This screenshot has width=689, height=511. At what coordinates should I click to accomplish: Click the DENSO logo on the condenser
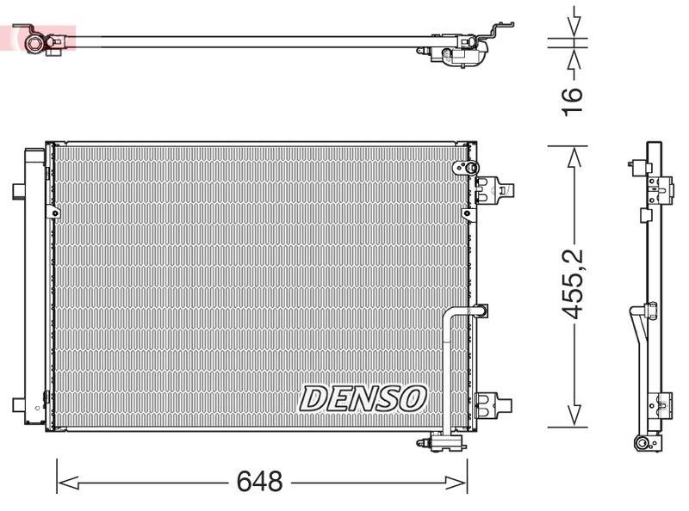tap(363, 398)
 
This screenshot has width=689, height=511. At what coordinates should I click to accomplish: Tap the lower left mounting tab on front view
tap(18, 404)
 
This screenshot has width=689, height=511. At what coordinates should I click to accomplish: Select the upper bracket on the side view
tap(660, 188)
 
